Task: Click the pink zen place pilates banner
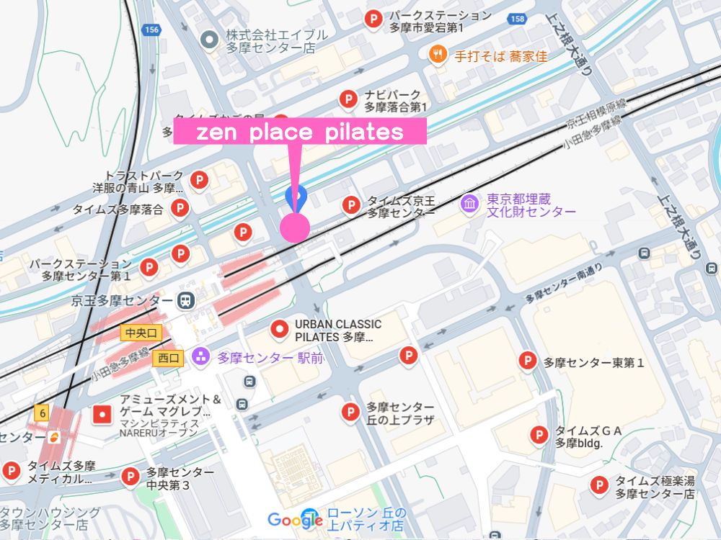[x=299, y=132]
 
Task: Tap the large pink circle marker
[x=295, y=226]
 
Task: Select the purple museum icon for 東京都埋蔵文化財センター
[x=469, y=204]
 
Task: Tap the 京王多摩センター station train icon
[x=185, y=300]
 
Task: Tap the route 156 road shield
[x=152, y=30]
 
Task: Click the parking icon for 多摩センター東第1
[x=528, y=361]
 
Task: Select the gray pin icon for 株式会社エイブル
[x=209, y=40]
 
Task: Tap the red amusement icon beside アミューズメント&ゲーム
[x=102, y=414]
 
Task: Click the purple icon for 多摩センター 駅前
[x=200, y=356]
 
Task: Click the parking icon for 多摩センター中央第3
[x=130, y=477]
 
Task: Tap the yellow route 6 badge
[x=43, y=413]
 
